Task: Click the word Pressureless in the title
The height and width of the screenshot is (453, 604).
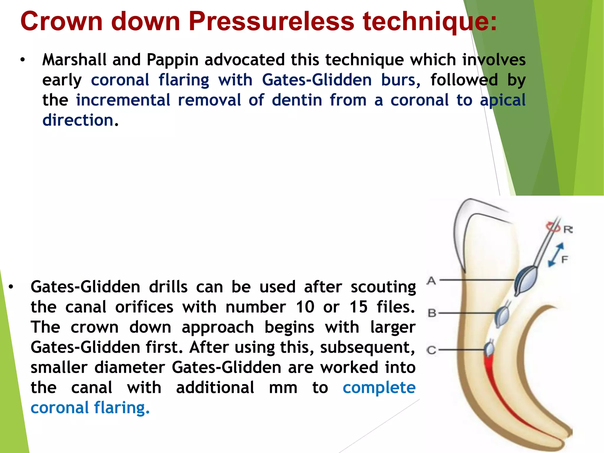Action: pos(271,21)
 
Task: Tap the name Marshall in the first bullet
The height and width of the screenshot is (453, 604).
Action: pos(74,60)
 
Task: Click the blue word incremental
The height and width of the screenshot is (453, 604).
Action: pos(123,100)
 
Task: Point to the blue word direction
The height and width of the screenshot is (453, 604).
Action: pos(78,120)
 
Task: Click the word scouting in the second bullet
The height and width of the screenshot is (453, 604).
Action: pos(383,287)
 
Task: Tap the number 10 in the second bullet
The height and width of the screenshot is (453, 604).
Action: pos(305,307)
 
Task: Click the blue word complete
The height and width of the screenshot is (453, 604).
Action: pos(379,388)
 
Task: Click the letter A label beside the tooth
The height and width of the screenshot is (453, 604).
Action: pos(431,280)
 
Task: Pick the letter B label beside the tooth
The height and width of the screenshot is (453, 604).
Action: pos(432,313)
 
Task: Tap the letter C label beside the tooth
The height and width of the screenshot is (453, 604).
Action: pos(431,350)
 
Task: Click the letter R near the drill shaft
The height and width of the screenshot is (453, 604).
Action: pos(568,229)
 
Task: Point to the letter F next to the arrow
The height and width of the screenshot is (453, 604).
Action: pos(564,260)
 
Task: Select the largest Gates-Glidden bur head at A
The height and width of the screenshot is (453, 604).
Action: pos(525,280)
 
